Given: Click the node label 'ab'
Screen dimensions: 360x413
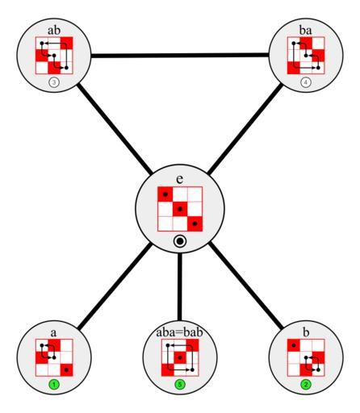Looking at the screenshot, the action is [x=54, y=30].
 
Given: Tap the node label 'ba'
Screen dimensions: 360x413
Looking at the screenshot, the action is [x=306, y=30].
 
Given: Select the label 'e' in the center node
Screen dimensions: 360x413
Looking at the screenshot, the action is [x=180, y=179].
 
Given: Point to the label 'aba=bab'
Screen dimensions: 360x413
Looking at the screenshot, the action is [x=180, y=332].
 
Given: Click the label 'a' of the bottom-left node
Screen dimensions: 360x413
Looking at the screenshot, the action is [x=54, y=333].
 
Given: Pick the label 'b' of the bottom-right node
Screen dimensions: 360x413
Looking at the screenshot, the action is [x=306, y=332].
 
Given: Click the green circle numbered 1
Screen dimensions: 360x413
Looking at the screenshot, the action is [x=54, y=385].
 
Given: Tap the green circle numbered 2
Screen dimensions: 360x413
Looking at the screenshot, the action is [x=306, y=385].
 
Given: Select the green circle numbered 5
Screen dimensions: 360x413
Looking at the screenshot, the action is [x=180, y=385].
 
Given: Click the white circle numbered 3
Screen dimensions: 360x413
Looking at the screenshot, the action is [x=54, y=82].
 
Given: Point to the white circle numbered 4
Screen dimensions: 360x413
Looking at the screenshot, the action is [x=306, y=82].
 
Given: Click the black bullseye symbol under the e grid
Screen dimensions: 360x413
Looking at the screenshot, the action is [x=180, y=241].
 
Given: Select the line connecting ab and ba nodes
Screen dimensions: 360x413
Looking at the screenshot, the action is [x=180, y=56].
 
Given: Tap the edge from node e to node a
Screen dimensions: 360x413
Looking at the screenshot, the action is [x=115, y=286].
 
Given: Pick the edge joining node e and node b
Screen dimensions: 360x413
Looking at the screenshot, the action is [x=246, y=286].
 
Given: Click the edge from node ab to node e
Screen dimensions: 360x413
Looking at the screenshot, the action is [x=115, y=128].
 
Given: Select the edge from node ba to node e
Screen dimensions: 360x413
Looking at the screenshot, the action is [x=245, y=128].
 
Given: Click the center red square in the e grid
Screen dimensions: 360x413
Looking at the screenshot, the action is [x=180, y=209].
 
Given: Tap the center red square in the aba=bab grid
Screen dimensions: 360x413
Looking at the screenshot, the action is [x=180, y=357].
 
